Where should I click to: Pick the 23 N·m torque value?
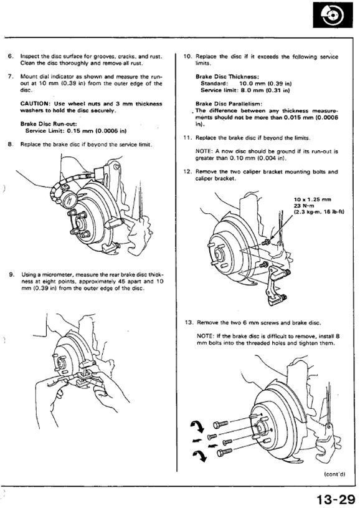point(303,206)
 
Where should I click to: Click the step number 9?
point(11,274)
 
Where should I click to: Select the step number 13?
point(189,323)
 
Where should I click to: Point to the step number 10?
point(187,56)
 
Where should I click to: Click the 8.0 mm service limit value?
point(251,90)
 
